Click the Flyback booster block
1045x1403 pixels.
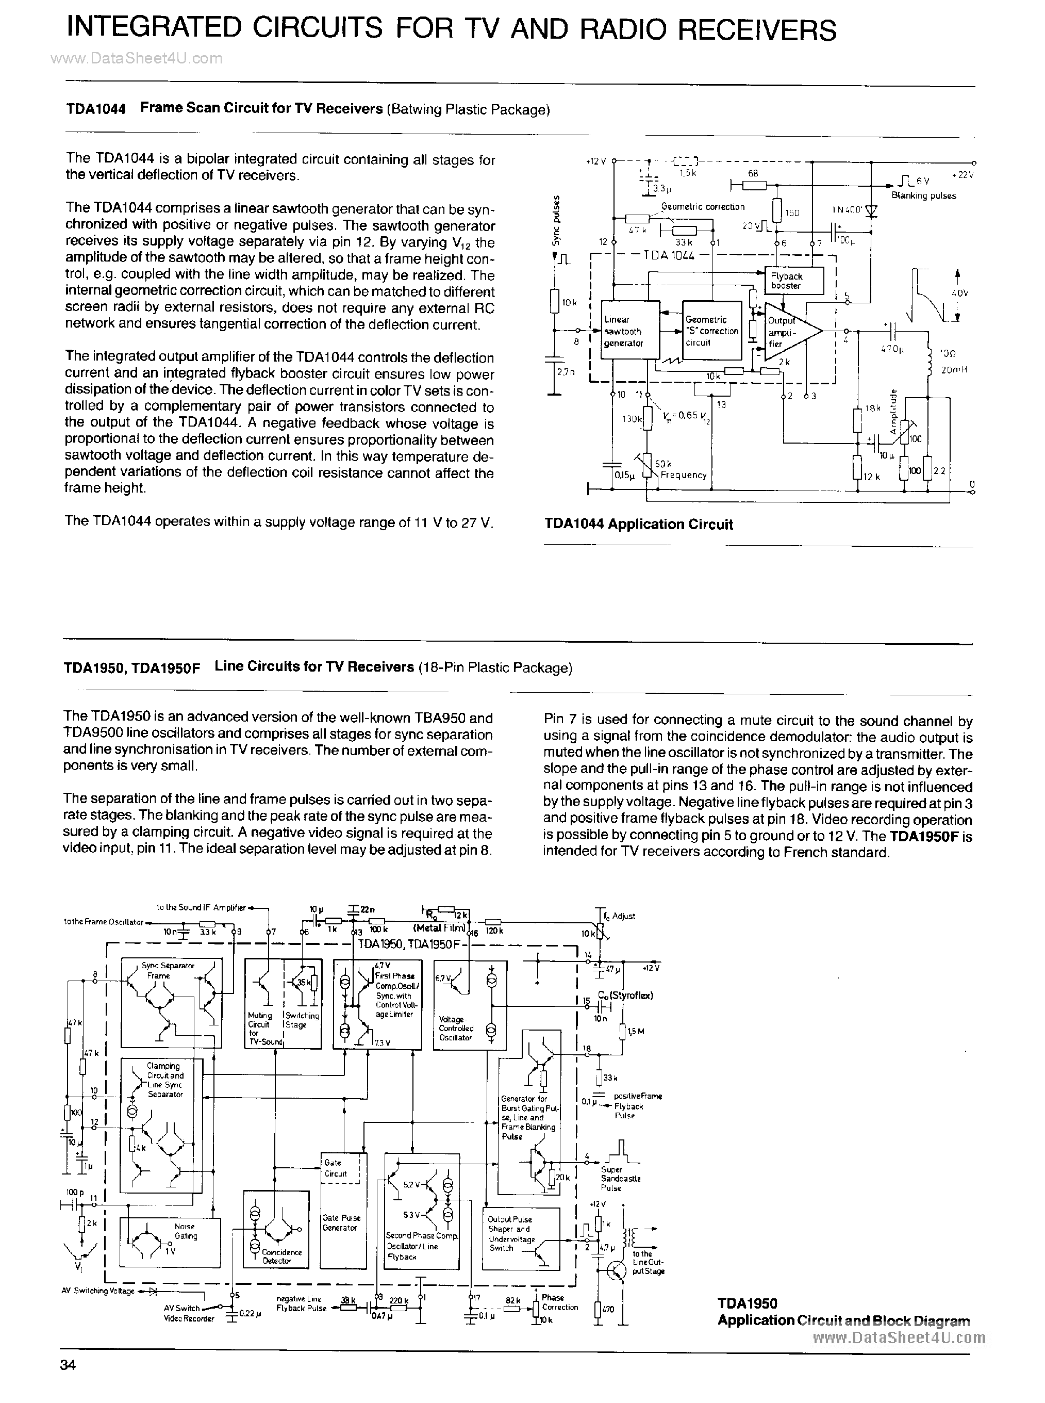794,281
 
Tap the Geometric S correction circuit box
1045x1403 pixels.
711,330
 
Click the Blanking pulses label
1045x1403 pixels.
923,195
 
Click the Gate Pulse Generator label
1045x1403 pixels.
341,1222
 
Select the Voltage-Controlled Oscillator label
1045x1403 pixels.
455,1029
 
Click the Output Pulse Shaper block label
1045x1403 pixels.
511,1233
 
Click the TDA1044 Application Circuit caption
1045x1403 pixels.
638,524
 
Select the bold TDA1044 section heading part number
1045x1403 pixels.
95,109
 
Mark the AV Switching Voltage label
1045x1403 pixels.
97,1291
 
